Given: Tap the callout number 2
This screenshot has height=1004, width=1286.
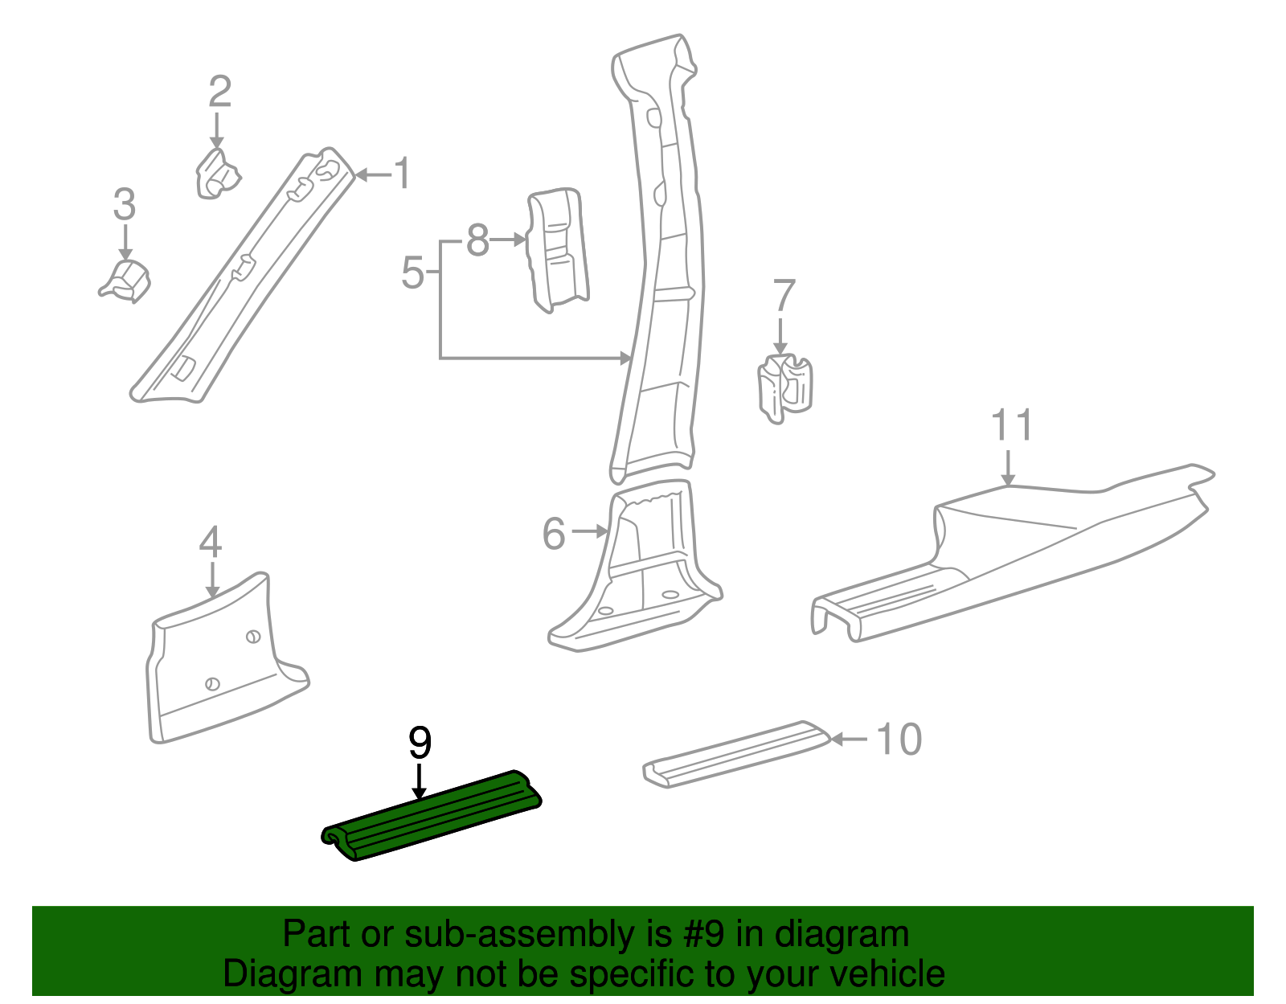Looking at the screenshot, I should point(219,92).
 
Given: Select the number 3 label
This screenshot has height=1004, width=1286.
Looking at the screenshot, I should point(124,204).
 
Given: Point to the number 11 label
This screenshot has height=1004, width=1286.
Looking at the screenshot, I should point(1011,425).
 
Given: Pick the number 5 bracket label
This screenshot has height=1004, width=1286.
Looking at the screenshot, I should point(412,273).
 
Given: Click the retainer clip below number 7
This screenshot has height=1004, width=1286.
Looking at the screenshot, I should point(784,387).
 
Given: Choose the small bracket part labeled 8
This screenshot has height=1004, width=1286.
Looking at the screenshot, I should point(557,249).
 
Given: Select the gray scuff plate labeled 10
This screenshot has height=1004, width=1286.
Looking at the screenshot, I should point(735,752).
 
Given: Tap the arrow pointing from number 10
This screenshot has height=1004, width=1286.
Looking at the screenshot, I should point(849,739).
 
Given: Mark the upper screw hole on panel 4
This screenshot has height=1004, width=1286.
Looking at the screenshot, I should point(252,637).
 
